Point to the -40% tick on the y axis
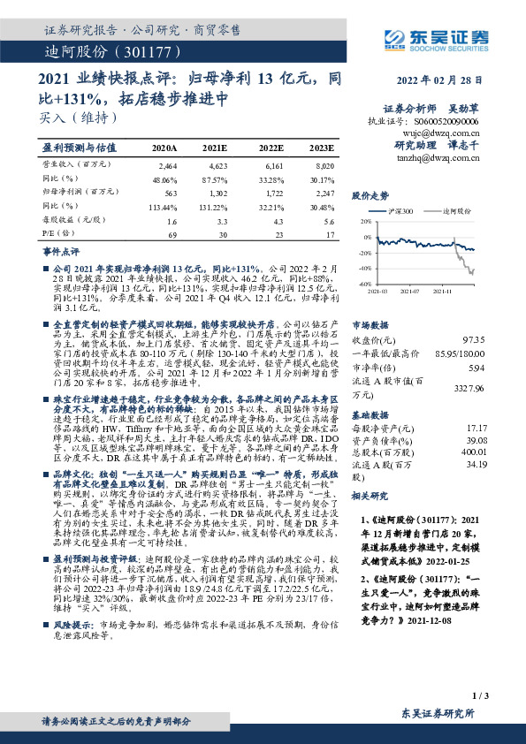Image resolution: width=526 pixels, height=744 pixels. [x=364, y=269]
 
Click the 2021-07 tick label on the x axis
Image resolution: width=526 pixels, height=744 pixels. [x=409, y=291]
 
